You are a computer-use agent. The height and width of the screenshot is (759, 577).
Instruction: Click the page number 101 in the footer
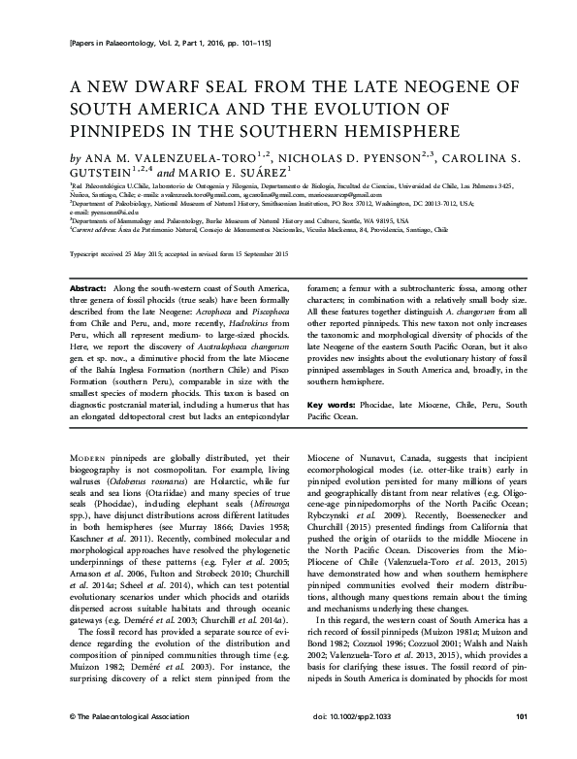[x=521, y=743]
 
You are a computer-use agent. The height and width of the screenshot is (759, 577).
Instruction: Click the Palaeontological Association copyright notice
[x=108, y=743]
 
